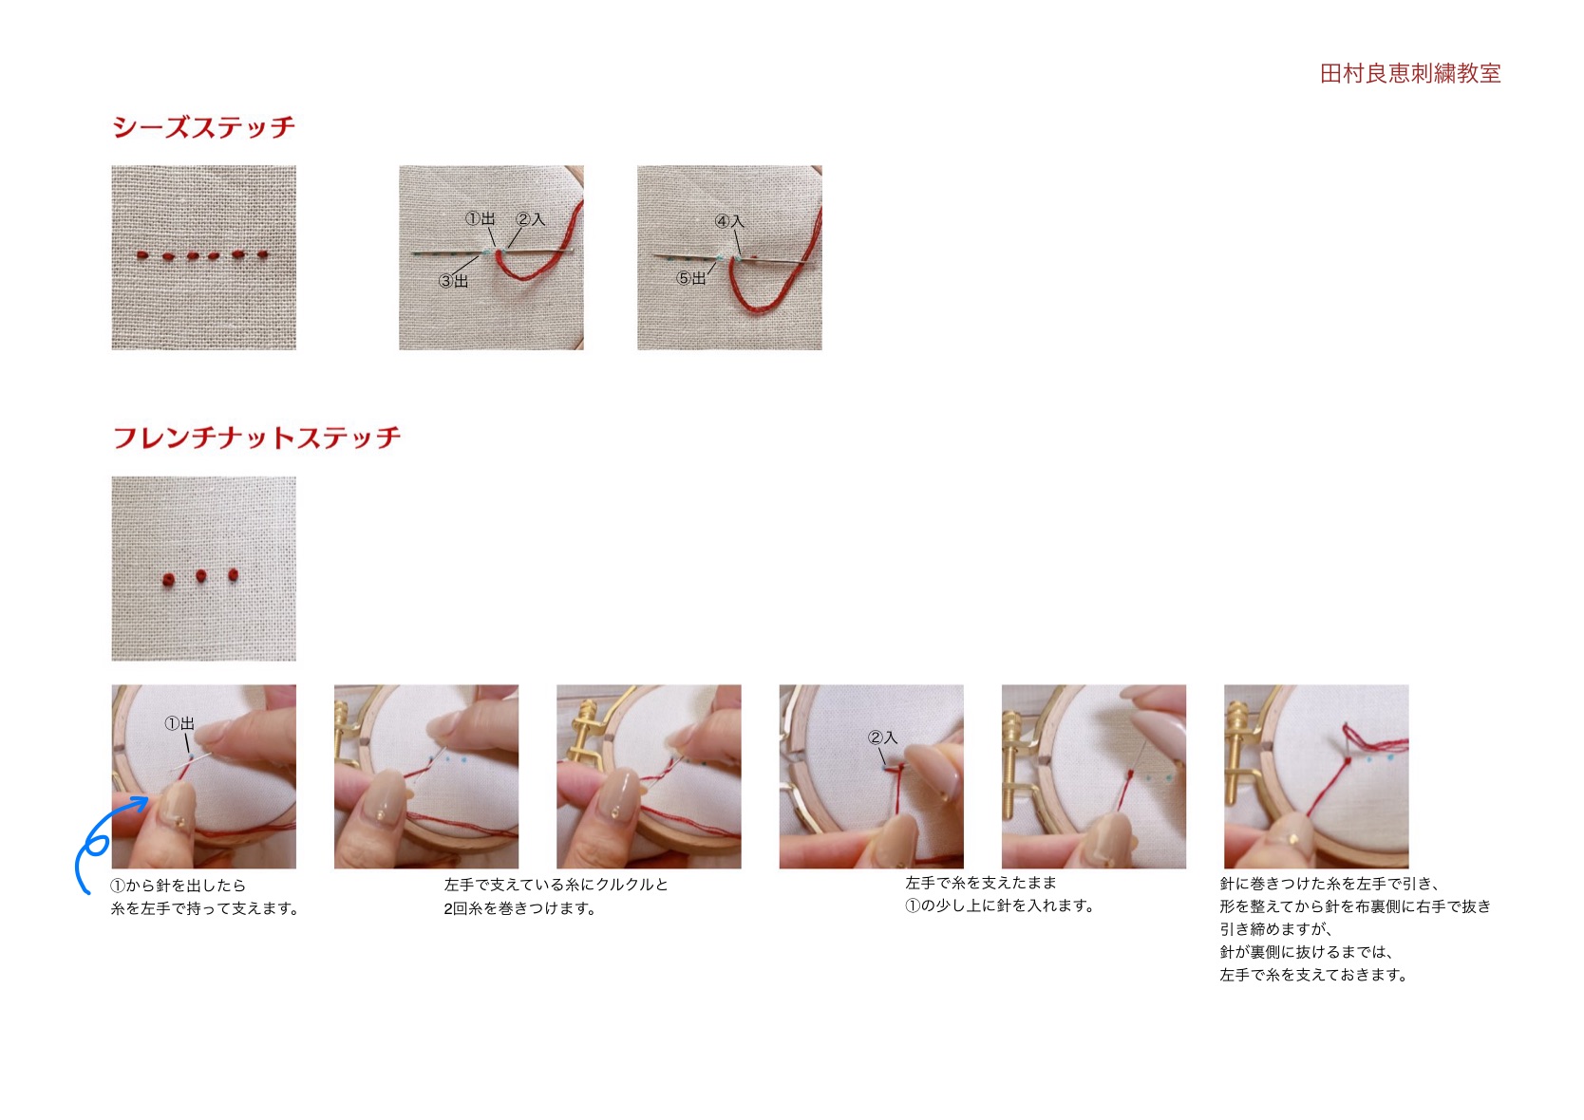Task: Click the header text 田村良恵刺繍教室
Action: coord(1410,73)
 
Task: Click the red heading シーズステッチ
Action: coord(203,127)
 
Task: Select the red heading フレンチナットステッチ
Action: coord(256,438)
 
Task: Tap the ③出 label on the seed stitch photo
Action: coord(453,281)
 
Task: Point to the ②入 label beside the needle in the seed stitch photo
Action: coord(530,219)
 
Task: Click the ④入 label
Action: coord(729,221)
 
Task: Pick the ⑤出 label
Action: coord(691,278)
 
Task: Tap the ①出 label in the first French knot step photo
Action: coord(179,723)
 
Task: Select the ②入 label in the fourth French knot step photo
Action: coord(882,737)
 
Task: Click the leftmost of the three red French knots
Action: coord(168,579)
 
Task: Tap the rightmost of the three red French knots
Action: coord(234,575)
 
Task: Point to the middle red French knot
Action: coord(200,576)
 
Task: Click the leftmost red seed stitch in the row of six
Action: coord(142,254)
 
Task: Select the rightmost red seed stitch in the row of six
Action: coord(263,253)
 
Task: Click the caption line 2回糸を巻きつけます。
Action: coord(519,908)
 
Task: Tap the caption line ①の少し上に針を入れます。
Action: coord(1000,905)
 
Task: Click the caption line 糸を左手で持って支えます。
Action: coord(205,908)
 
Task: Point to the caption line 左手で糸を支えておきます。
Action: coord(1314,975)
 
